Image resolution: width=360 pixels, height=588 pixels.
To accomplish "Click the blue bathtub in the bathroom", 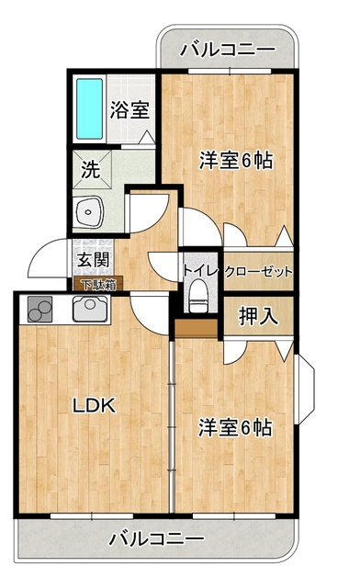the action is pos(90,108).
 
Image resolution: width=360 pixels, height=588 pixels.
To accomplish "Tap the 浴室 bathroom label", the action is pos(129,110).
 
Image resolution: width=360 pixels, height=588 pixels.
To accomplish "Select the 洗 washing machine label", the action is pos(91,169).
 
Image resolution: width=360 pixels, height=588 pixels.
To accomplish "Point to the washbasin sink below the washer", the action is pos(88,212).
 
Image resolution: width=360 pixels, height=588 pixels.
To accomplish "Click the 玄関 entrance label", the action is pos(94,259).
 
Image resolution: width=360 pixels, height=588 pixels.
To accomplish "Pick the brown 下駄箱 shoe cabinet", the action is pos(95,284).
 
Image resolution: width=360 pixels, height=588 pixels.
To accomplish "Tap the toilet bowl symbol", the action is pos(197,300).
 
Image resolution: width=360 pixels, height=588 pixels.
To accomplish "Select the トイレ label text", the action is pos(200,270).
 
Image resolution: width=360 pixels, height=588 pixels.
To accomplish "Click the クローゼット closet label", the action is pos(258,272).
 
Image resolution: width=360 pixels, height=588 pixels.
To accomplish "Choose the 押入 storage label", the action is pos(258,316).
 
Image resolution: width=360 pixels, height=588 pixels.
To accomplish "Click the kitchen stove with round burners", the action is pos(39,310).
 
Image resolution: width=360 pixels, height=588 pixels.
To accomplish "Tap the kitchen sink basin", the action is pos(90,309).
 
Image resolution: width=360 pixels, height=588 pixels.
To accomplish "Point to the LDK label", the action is pos(94,405).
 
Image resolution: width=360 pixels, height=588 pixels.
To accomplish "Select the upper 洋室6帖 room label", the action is pos(235,161).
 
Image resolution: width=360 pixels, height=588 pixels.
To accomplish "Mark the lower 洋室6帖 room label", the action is pos(235,427).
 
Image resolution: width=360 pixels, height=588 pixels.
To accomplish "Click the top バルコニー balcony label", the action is pos(228,49).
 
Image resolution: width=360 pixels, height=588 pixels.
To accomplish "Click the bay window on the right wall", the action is pos(306,389).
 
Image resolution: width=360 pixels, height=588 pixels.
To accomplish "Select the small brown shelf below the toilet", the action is pos(197,329).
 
